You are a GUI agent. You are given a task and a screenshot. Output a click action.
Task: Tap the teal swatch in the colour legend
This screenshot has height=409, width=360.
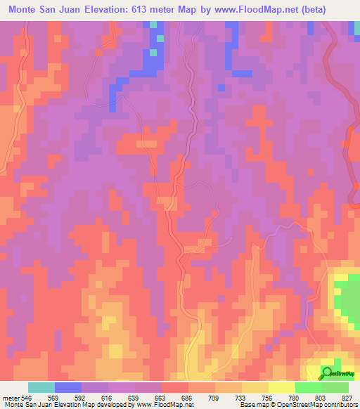(x=41, y=387)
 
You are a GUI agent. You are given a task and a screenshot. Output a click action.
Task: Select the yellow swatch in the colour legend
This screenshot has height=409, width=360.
(x=282, y=387)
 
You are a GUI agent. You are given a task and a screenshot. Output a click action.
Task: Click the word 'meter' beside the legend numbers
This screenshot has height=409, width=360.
(x=8, y=397)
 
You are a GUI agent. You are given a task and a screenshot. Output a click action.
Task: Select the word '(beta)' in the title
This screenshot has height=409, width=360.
(x=333, y=9)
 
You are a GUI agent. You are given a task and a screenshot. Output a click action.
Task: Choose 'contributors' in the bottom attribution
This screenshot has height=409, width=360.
(x=341, y=405)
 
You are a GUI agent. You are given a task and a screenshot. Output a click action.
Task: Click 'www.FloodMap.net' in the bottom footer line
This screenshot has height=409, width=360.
(x=165, y=405)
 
